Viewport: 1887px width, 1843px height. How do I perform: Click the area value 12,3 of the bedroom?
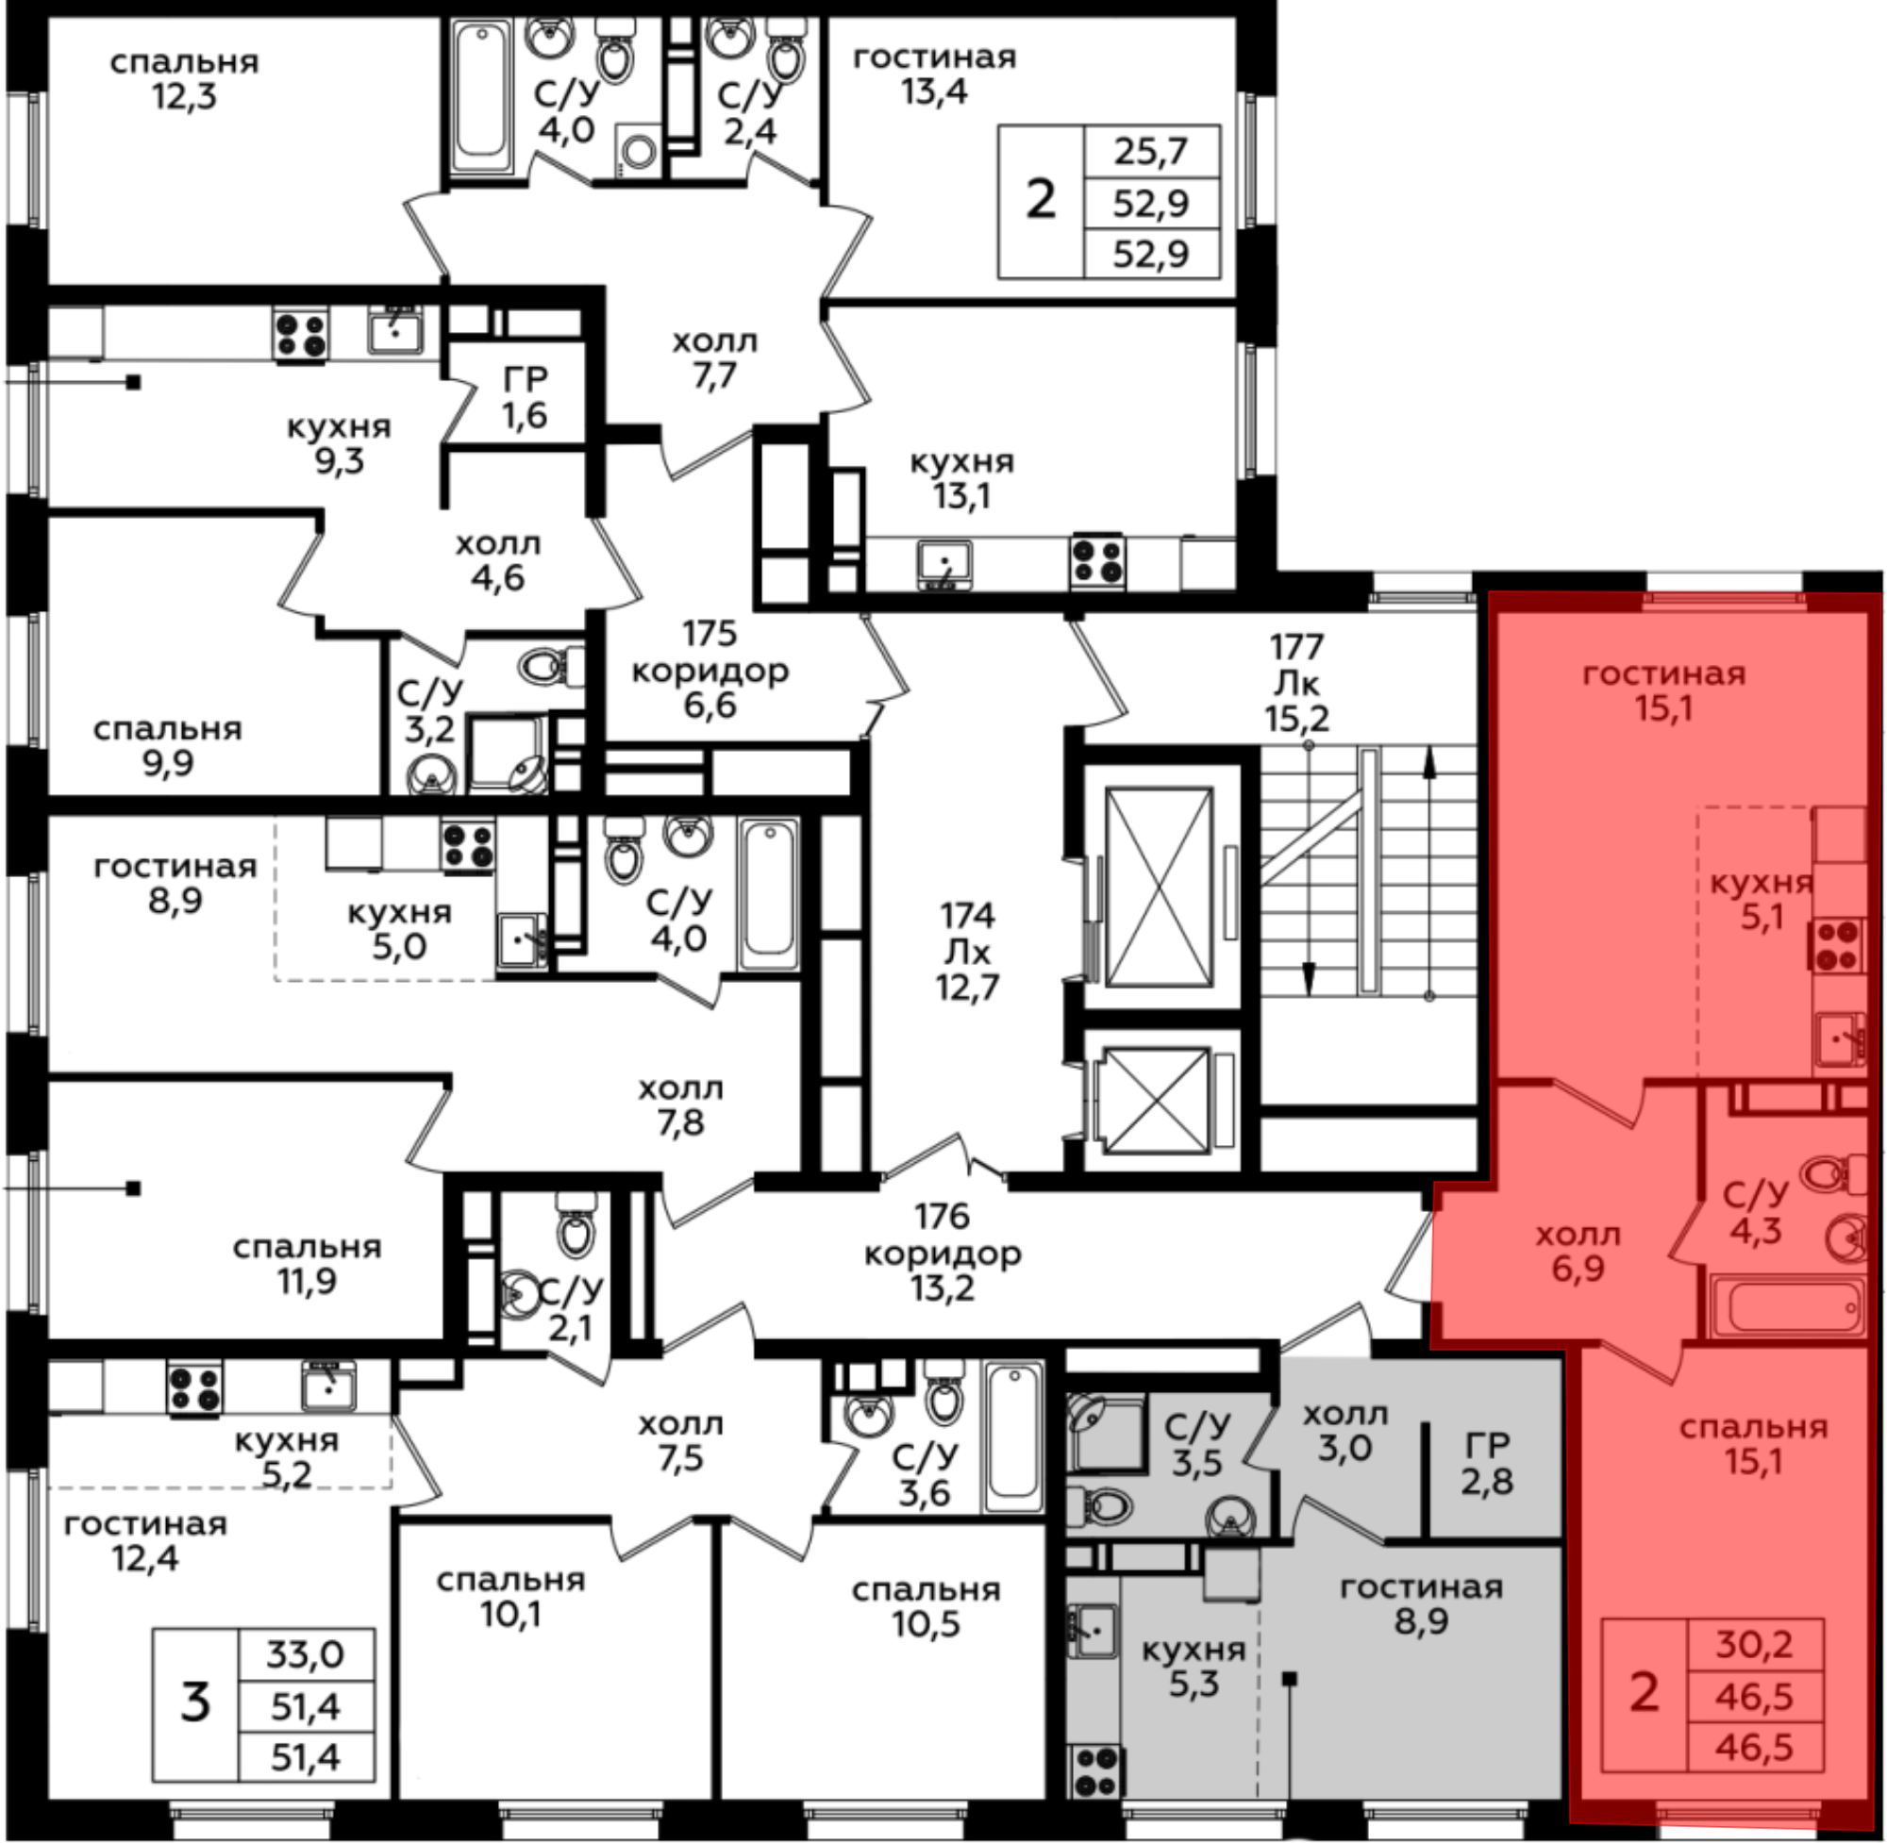click(x=184, y=97)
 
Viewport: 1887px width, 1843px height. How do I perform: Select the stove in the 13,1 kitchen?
click(x=1097, y=561)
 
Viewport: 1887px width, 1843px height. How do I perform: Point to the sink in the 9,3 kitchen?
click(x=395, y=332)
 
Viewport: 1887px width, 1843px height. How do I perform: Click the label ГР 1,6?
click(x=525, y=397)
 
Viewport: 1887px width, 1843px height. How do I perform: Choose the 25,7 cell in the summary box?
click(x=1151, y=152)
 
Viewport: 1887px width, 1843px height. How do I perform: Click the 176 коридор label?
click(x=942, y=1253)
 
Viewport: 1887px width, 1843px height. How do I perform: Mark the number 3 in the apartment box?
click(x=195, y=1702)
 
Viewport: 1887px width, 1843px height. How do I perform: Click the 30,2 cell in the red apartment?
click(x=1754, y=1643)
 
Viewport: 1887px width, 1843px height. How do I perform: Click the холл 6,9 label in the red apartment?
click(x=1578, y=1252)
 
